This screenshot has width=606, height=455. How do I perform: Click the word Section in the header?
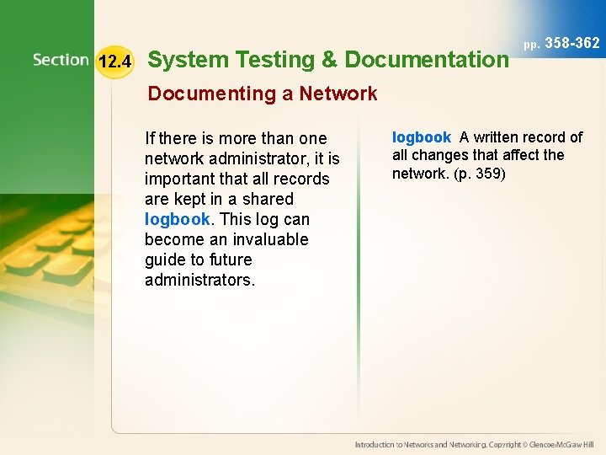(x=61, y=60)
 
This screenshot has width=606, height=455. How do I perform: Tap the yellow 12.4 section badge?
(x=114, y=62)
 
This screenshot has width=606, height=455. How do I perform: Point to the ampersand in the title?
(x=328, y=60)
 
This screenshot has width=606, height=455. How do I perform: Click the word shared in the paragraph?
(x=266, y=199)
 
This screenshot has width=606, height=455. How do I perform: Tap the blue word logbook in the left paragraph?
(x=177, y=219)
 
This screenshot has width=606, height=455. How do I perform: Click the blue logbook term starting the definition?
(x=422, y=137)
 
